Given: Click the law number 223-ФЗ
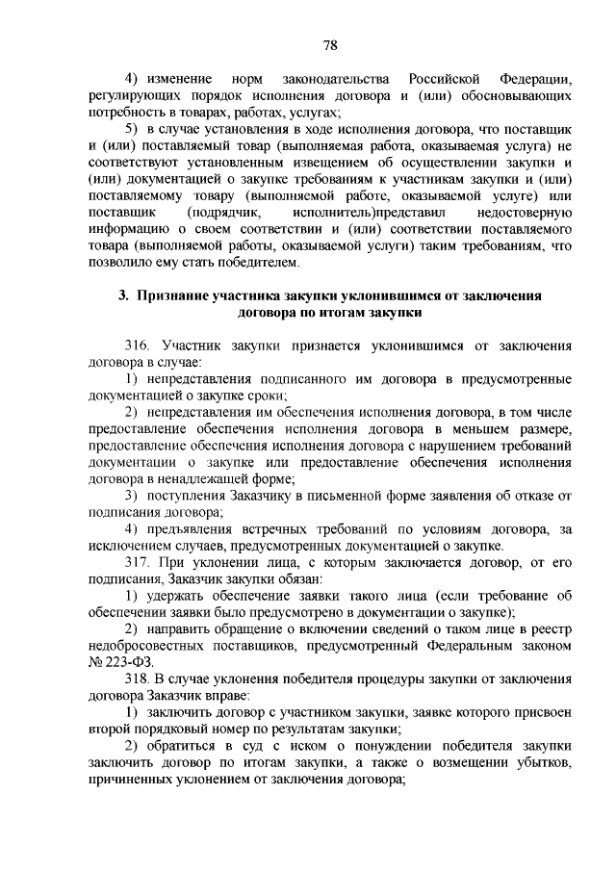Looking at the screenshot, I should (131, 663).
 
